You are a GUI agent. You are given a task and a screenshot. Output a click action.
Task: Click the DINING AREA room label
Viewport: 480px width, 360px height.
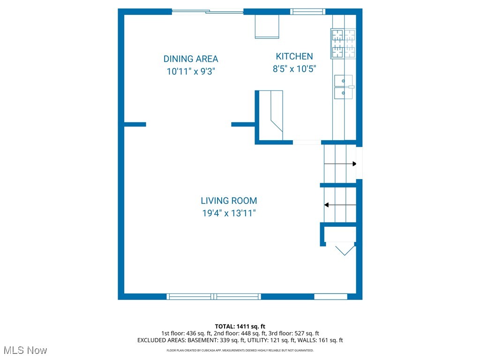[191, 59]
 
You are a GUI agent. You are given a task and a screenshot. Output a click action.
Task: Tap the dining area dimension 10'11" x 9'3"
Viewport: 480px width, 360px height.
[191, 72]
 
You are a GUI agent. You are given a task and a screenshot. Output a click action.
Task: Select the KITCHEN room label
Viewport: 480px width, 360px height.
[294, 57]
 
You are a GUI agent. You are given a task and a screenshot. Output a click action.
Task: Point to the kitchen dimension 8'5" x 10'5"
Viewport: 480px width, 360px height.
[294, 69]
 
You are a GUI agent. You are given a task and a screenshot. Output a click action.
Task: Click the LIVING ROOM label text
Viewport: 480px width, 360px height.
[229, 201]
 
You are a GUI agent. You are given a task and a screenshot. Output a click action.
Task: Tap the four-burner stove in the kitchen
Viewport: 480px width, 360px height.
[343, 44]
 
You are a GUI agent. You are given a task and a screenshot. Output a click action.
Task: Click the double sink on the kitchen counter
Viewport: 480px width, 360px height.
[344, 87]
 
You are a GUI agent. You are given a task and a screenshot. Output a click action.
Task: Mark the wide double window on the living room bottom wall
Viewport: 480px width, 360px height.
[214, 296]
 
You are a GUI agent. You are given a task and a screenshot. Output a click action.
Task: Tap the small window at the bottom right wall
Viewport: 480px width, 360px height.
[330, 296]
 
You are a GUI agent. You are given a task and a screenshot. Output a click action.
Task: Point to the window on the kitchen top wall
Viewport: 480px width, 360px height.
[307, 12]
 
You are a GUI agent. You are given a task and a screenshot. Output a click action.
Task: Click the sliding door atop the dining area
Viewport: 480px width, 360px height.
[208, 12]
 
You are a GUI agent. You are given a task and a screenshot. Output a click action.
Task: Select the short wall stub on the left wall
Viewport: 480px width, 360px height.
[135, 124]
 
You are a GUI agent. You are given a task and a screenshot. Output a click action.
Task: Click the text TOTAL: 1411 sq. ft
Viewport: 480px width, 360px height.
[240, 326]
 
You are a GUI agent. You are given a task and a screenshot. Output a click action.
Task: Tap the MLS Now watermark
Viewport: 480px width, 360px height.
[24, 350]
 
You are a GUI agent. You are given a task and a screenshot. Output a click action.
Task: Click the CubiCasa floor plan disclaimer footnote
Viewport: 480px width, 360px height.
[240, 350]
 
